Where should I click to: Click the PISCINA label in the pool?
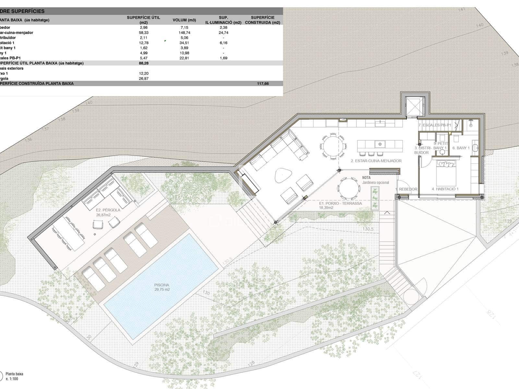(162, 285)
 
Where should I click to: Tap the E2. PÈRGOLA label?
(108, 210)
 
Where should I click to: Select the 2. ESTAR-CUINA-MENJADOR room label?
(376, 161)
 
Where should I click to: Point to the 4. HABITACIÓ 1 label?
(445, 189)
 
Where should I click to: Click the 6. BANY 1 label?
(461, 148)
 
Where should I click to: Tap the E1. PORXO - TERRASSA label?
(340, 204)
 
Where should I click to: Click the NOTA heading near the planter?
(366, 178)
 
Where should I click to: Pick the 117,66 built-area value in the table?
(263, 84)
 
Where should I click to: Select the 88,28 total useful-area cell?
(143, 63)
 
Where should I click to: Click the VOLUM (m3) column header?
(184, 20)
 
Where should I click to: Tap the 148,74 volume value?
(184, 33)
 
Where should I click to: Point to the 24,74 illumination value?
(223, 33)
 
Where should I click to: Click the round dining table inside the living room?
(333, 146)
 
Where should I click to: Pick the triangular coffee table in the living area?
(283, 176)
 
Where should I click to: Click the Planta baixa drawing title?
(15, 374)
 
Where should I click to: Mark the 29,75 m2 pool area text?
(162, 289)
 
